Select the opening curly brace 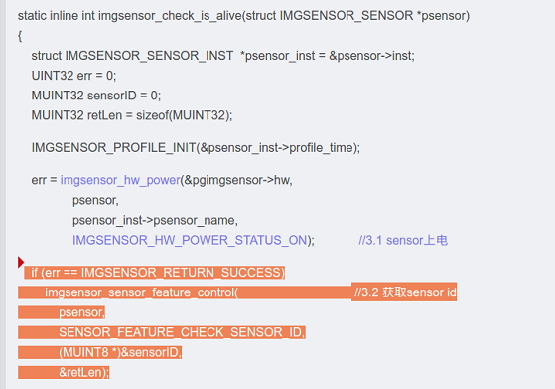[x=21, y=36]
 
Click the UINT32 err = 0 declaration [x=73, y=76]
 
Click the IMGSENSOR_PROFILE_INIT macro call [x=103, y=148]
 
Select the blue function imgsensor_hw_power [x=119, y=180]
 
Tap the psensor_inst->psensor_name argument [x=155, y=220]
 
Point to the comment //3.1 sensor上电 [x=403, y=240]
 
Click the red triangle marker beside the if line [x=22, y=263]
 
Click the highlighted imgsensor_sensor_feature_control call [x=141, y=292]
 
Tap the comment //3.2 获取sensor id [x=404, y=292]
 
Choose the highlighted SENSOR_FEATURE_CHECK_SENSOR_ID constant [x=182, y=332]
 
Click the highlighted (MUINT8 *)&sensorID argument [x=120, y=352]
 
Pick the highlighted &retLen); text [x=83, y=372]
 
